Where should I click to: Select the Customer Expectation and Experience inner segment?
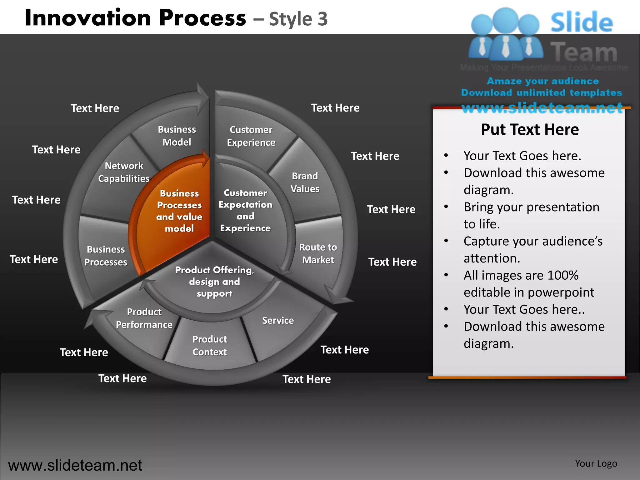(x=245, y=210)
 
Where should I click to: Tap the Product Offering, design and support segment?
(x=214, y=282)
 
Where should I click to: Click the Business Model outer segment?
(x=177, y=136)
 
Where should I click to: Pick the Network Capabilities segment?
(x=124, y=172)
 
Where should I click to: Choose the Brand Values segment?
(x=305, y=182)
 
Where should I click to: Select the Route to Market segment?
(x=318, y=253)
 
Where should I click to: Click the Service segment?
(x=278, y=321)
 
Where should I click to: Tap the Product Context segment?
(x=210, y=346)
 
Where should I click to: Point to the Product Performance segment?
(x=144, y=318)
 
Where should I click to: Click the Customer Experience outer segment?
(x=251, y=136)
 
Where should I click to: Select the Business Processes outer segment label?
(x=106, y=256)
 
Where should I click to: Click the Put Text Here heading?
(x=530, y=129)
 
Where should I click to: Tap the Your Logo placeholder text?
(x=596, y=463)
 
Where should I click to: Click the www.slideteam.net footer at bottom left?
(x=75, y=465)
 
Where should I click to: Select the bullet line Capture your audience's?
(x=533, y=241)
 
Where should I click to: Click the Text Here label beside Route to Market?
(x=392, y=262)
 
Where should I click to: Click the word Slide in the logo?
(x=581, y=22)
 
